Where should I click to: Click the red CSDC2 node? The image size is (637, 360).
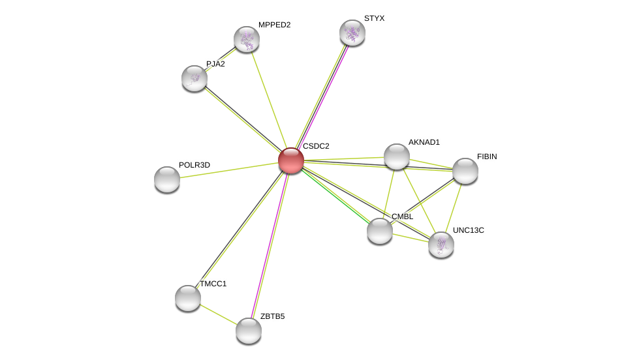pyautogui.click(x=290, y=160)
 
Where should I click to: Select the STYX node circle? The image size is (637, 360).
pyautogui.click(x=352, y=33)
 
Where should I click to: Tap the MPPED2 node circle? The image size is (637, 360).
pyautogui.click(x=247, y=39)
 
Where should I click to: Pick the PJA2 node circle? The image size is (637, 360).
pyautogui.click(x=194, y=78)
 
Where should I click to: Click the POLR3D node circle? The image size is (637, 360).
pyautogui.click(x=167, y=179)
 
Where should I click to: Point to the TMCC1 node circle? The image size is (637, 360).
pyautogui.click(x=188, y=298)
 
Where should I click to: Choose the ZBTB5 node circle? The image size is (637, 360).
pyautogui.click(x=249, y=331)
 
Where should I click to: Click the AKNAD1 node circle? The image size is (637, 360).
pyautogui.click(x=397, y=157)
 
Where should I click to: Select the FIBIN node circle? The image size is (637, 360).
pyautogui.click(x=465, y=171)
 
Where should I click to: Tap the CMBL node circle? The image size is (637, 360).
pyautogui.click(x=380, y=231)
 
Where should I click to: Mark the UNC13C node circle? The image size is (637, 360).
pyautogui.click(x=441, y=245)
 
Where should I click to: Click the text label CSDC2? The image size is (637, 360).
pyautogui.click(x=316, y=146)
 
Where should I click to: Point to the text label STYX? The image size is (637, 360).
pyautogui.click(x=374, y=18)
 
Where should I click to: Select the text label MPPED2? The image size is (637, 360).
pyautogui.click(x=274, y=25)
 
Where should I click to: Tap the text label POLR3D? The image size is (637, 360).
pyautogui.click(x=194, y=165)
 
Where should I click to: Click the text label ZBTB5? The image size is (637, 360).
pyautogui.click(x=272, y=316)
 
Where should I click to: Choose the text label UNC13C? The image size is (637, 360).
pyautogui.click(x=469, y=230)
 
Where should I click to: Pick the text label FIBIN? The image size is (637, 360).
pyautogui.click(x=487, y=157)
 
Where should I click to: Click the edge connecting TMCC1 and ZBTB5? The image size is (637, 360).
pyautogui.click(x=219, y=314)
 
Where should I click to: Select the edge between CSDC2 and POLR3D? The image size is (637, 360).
pyautogui.click(x=228, y=170)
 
